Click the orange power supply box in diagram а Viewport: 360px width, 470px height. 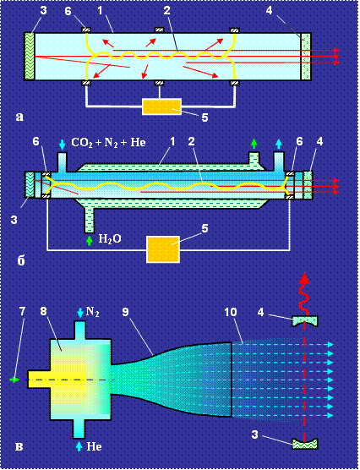click(162, 107)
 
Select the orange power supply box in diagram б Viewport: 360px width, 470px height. click(163, 249)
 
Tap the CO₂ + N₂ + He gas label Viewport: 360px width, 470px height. click(108, 142)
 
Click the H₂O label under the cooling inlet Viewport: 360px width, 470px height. click(110, 239)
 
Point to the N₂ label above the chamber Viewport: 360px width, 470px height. click(92, 312)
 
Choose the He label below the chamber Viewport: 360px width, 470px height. click(94, 447)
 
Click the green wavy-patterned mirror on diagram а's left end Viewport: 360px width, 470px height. click(30, 56)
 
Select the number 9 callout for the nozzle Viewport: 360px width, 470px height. click(125, 312)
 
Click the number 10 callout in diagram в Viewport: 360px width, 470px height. click(230, 312)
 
